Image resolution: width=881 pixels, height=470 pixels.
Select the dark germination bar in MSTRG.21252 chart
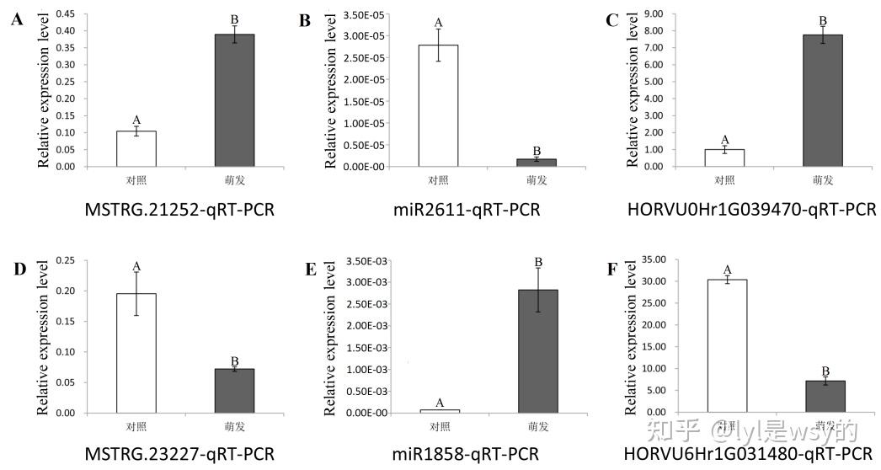click(x=234, y=100)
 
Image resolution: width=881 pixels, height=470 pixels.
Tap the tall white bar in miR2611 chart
click(x=438, y=105)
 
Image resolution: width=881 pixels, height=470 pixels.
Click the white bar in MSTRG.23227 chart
click(x=136, y=353)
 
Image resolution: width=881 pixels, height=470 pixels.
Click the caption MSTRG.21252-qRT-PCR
click(x=179, y=209)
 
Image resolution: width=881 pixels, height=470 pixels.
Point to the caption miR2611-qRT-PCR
click(x=478, y=209)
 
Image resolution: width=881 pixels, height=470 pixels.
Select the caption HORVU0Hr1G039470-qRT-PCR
click(x=751, y=209)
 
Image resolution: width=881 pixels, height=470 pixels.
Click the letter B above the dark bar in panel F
click(x=825, y=371)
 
